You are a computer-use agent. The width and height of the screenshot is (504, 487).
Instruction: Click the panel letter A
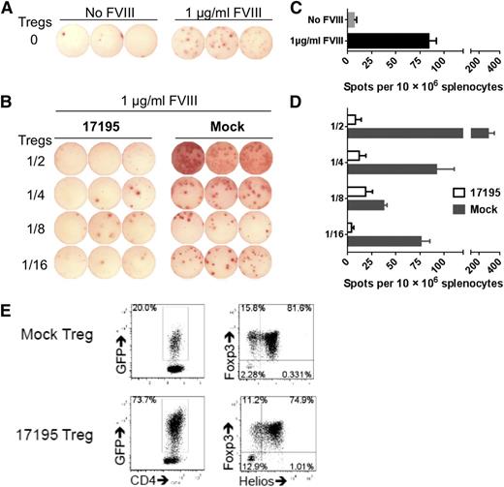[x=8, y=8]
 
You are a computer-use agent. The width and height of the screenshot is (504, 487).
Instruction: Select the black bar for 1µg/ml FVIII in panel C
[x=388, y=41]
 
